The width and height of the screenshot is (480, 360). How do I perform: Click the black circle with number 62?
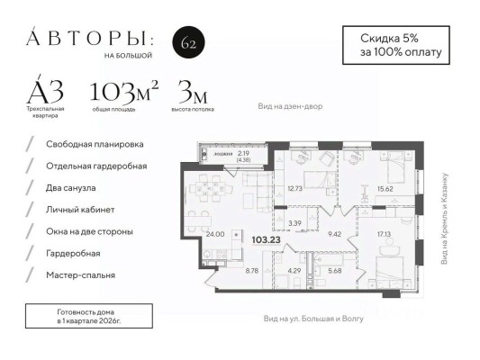point(187,42)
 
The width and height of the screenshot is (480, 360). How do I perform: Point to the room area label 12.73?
point(295,189)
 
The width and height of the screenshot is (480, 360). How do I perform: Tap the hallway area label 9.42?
point(334,234)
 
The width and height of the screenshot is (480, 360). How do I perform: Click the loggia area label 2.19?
point(243,153)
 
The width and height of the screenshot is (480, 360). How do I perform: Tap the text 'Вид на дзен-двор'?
point(290,106)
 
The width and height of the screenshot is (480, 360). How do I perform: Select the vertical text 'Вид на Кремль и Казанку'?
point(444,219)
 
